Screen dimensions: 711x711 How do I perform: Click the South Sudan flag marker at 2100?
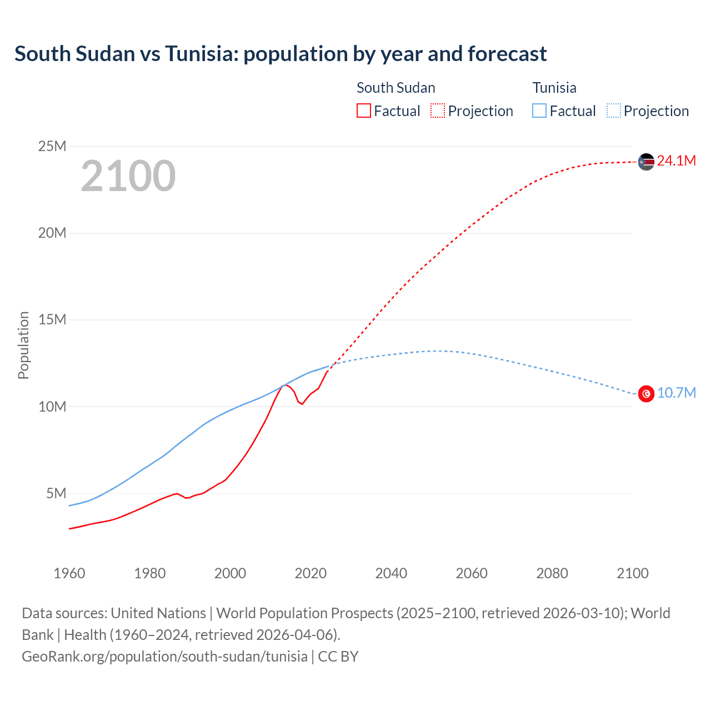(646, 162)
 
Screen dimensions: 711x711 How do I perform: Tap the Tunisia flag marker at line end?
(646, 393)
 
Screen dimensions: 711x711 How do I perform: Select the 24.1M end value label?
(676, 161)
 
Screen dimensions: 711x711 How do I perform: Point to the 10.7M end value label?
(676, 393)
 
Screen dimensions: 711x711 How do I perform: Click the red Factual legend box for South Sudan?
(363, 111)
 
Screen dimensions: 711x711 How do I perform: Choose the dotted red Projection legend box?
(438, 111)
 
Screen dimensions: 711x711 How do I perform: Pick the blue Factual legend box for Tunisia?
(539, 111)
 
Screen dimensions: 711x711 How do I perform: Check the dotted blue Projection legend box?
(614, 111)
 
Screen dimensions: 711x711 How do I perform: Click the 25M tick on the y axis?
(52, 146)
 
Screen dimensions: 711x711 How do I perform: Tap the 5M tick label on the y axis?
(56, 493)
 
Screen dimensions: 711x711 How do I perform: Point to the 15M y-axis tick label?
(52, 320)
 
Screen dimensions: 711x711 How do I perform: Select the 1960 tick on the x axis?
(69, 573)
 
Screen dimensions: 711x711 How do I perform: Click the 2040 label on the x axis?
(391, 573)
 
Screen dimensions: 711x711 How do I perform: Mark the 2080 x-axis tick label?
(552, 573)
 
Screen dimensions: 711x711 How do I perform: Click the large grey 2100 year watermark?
(128, 176)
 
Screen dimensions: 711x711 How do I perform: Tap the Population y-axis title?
(23, 345)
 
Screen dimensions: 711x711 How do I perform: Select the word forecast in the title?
(507, 54)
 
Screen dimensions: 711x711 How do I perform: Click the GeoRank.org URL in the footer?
(164, 657)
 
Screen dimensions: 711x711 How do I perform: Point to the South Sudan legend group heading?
(395, 88)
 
